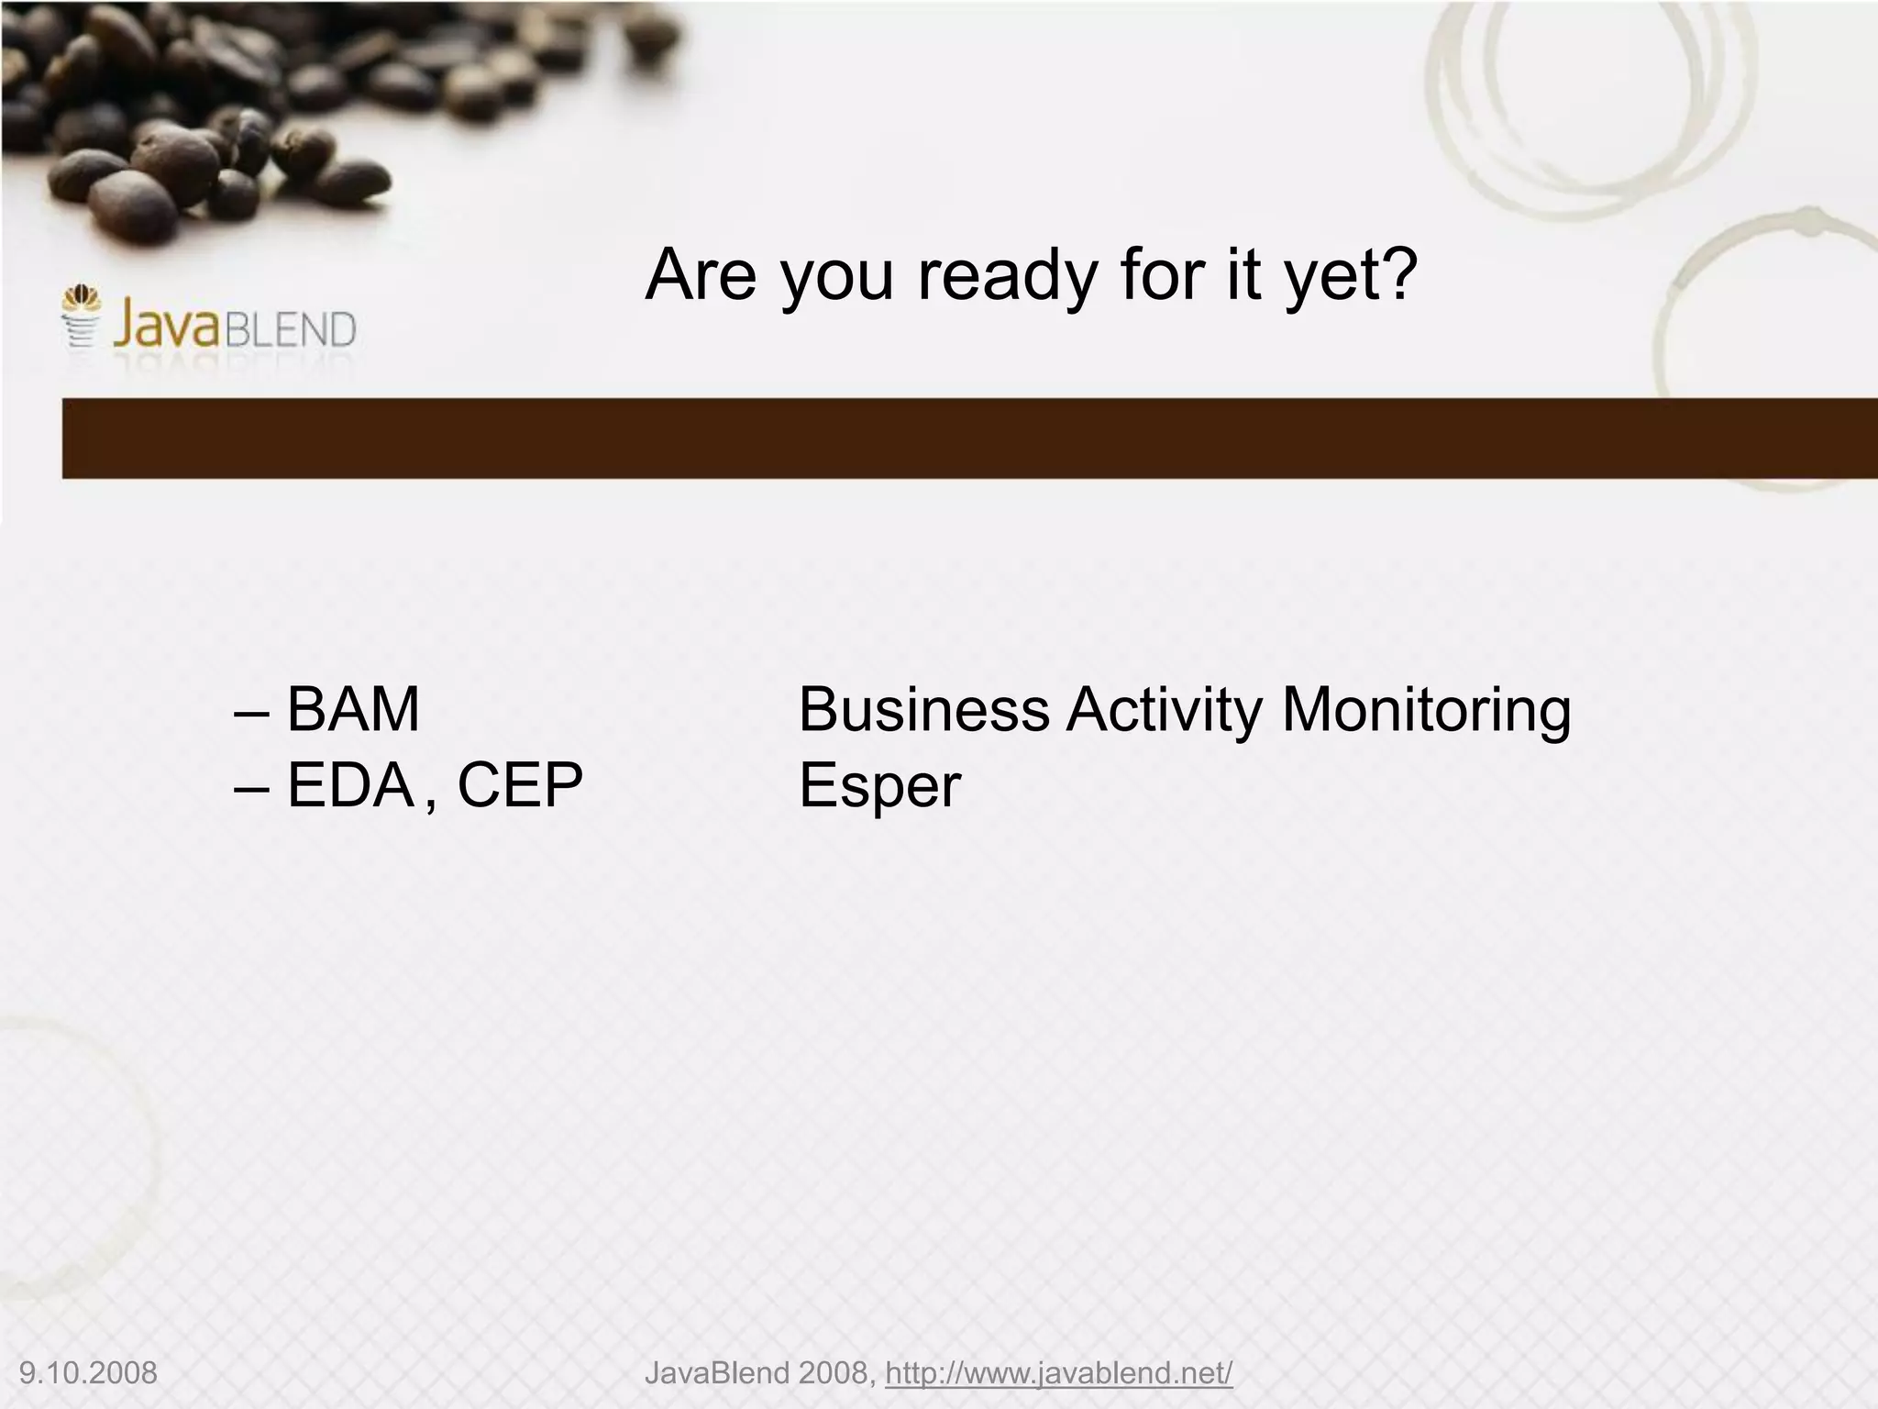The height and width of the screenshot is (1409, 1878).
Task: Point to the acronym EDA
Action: click(x=350, y=785)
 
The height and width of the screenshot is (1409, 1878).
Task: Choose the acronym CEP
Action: click(x=520, y=785)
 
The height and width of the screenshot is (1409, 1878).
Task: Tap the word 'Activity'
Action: click(x=1165, y=711)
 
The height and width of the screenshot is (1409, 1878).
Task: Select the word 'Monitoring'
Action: click(x=1426, y=711)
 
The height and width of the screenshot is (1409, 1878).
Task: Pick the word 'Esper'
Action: click(x=879, y=787)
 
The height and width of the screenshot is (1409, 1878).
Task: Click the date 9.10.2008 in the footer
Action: click(x=88, y=1373)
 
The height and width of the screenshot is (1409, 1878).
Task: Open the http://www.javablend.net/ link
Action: click(x=1058, y=1373)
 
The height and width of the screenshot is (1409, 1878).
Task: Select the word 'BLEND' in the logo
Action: click(x=290, y=329)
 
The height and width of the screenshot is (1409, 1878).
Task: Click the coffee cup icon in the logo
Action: click(x=81, y=317)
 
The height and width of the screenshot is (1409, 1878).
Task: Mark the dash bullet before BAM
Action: click(x=252, y=711)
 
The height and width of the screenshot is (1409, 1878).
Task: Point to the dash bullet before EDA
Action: click(x=252, y=787)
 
